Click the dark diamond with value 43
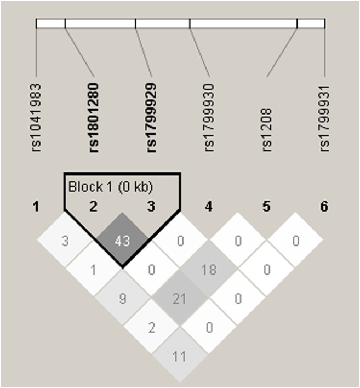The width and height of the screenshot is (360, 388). pyautogui.click(x=122, y=241)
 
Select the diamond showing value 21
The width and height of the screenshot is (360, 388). pyautogui.click(x=180, y=299)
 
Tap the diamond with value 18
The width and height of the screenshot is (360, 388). pyautogui.click(x=209, y=270)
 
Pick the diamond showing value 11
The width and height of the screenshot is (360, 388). pyautogui.click(x=180, y=356)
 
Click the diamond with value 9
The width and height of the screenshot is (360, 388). pyautogui.click(x=122, y=299)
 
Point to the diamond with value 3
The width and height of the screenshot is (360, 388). pyautogui.click(x=65, y=241)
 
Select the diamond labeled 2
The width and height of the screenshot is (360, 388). pyautogui.click(x=151, y=328)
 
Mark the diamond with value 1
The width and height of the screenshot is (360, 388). pyautogui.click(x=94, y=270)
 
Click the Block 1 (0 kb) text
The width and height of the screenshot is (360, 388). pyautogui.click(x=110, y=187)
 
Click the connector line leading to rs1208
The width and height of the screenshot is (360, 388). pyautogui.click(x=282, y=52)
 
